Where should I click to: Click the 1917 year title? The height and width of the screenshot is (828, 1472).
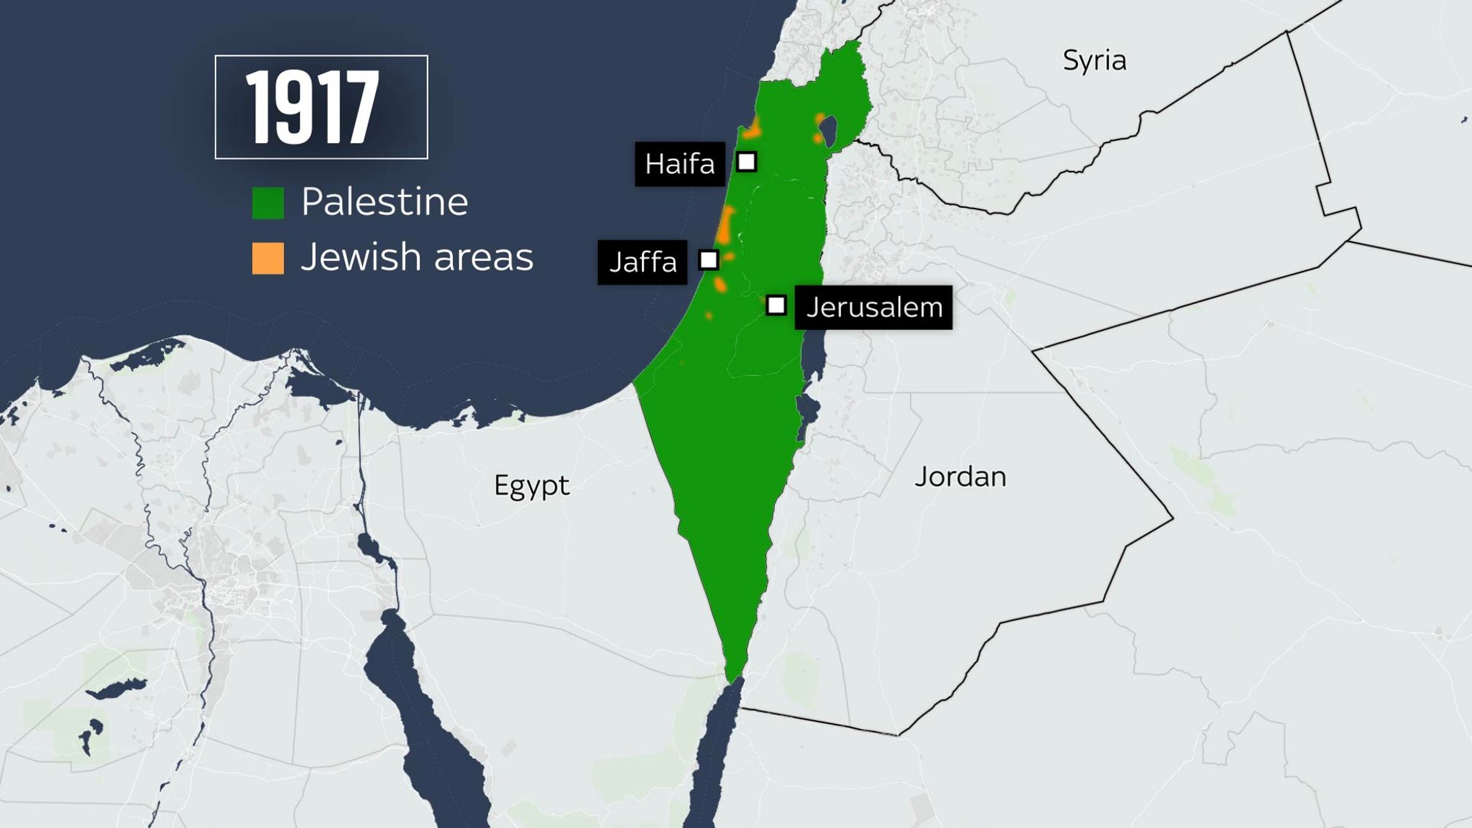coord(313,108)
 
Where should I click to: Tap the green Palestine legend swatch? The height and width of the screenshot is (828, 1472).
coord(267,203)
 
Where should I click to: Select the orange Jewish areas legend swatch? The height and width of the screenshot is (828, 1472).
coord(267,258)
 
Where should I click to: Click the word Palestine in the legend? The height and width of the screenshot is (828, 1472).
coord(385,202)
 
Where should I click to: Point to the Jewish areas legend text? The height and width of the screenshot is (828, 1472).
coord(417,257)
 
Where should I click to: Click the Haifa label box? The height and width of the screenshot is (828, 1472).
coord(679,165)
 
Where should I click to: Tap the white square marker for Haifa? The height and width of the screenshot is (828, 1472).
coord(747,162)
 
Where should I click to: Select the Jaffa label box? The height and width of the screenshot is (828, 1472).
coord(643,262)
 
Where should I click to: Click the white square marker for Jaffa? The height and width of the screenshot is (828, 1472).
coord(709,259)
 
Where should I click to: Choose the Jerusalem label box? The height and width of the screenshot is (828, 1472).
coord(873,308)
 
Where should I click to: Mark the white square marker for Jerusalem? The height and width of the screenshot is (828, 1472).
coord(776,305)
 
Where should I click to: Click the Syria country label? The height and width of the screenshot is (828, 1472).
coord(1094,61)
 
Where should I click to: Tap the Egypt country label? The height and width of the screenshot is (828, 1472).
coord(531,487)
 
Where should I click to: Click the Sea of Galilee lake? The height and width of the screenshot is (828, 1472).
coord(831,131)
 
